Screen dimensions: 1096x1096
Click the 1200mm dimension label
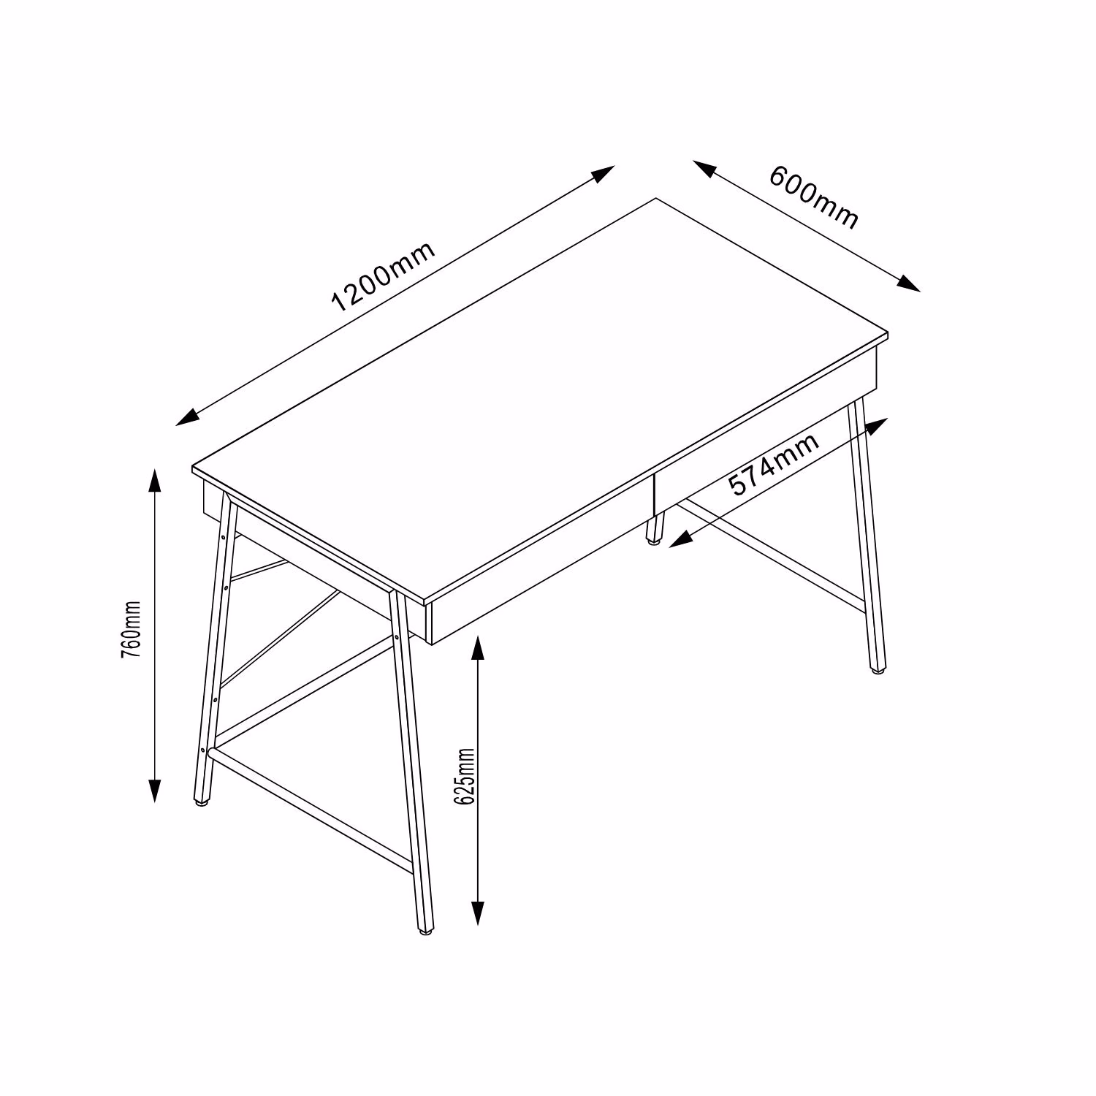tap(384, 275)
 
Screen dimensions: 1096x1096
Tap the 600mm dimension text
tap(814, 197)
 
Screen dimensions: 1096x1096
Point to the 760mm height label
tap(131, 631)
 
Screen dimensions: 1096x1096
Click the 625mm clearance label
tap(464, 776)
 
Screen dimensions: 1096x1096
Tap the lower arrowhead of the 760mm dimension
tap(154, 790)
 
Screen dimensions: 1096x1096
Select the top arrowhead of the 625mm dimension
tap(477, 647)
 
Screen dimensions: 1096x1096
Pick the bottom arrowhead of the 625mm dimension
tap(477, 913)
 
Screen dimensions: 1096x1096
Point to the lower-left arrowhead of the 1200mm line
tap(189, 416)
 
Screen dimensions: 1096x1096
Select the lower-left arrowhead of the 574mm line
tap(681, 540)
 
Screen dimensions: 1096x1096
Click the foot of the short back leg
tap(652, 541)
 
